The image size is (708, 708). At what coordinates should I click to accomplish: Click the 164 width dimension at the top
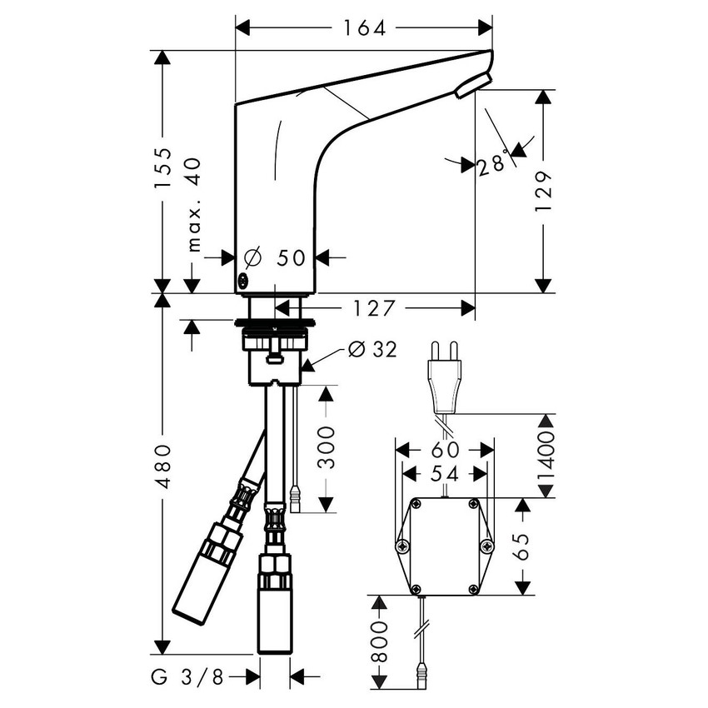364,28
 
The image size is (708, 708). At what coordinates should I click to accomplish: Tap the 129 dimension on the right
543,192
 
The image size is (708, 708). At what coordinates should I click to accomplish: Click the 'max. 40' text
193,204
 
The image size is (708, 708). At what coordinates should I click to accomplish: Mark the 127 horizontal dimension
371,309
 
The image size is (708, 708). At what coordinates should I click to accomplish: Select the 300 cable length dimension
327,447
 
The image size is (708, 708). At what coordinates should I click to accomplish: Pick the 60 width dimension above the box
445,450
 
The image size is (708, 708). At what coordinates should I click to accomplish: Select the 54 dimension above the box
445,472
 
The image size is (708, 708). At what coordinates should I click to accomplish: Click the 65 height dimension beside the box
523,546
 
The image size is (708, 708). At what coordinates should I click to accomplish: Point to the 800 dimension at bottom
378,641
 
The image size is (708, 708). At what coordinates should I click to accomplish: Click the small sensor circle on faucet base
242,281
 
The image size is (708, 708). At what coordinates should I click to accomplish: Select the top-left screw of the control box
415,504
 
